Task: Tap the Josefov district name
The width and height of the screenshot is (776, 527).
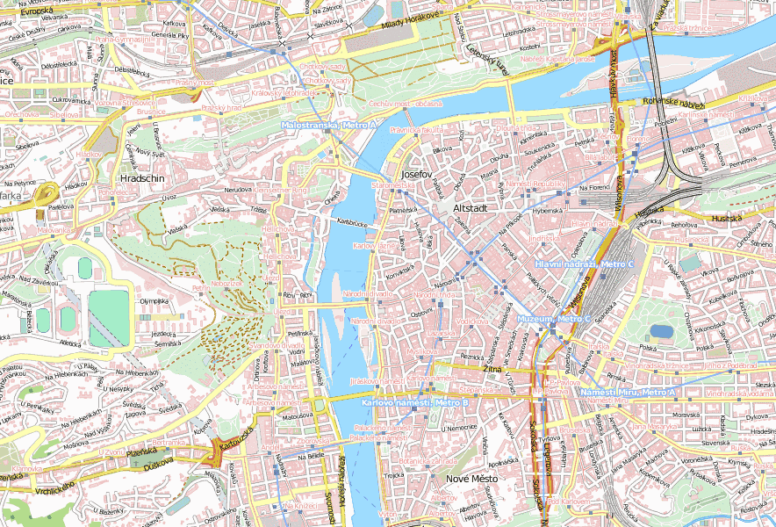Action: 415,174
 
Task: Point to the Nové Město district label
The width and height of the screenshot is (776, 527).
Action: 471,479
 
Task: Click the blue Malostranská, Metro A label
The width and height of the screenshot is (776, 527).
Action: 328,126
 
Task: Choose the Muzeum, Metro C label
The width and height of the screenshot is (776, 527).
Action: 554,318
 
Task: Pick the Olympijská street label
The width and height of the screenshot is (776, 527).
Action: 154,300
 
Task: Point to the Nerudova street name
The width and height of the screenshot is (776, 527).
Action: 238,189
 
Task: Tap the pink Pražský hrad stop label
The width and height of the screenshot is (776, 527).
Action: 221,107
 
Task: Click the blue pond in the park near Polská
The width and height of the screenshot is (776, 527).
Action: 661,331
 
